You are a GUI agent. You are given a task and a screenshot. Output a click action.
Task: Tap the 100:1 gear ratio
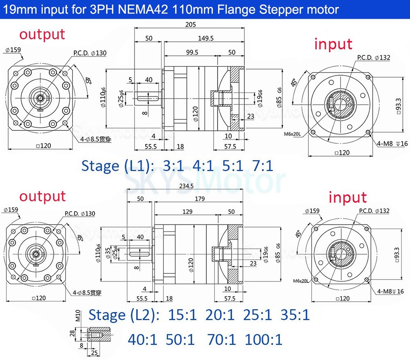click(x=264, y=339)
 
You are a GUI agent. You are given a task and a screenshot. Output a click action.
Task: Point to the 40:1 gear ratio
click(x=142, y=339)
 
